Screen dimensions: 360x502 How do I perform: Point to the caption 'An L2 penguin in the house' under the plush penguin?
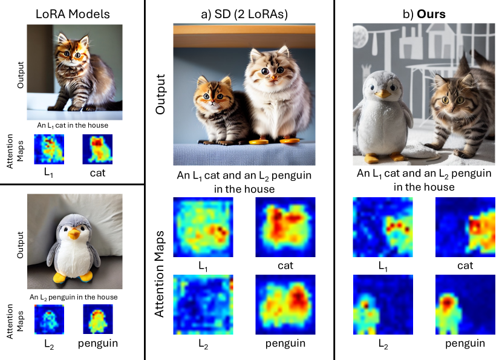(x=74, y=296)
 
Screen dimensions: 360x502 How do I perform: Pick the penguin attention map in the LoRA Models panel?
(x=97, y=321)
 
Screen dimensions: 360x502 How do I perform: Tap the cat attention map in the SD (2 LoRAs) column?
(x=286, y=227)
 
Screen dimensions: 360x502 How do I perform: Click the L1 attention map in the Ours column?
(x=382, y=227)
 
